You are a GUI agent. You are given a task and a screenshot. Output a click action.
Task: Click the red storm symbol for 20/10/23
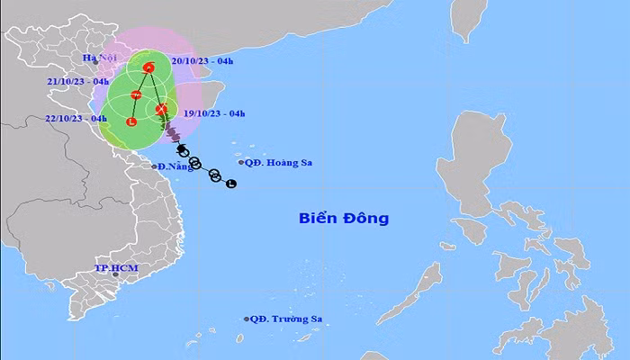click(150, 67)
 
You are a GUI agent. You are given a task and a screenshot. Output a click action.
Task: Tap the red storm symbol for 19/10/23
click(161, 110)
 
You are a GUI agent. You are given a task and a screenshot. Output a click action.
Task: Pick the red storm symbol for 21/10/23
click(136, 94)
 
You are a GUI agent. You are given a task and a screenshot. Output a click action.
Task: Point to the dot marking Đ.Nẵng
click(153, 167)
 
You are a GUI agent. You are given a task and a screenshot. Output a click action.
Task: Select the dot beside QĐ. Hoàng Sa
click(241, 163)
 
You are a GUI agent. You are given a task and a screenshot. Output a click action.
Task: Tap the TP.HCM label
click(113, 269)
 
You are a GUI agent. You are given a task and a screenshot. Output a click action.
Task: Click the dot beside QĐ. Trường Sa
click(247, 319)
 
